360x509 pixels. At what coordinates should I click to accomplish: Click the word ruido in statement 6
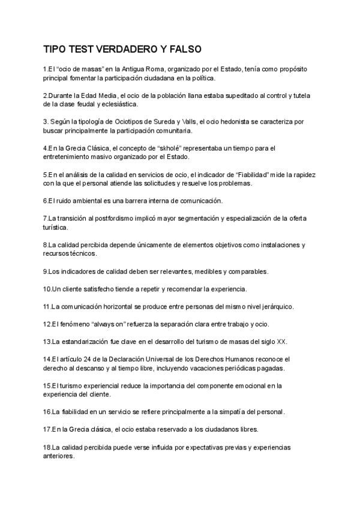65,200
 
